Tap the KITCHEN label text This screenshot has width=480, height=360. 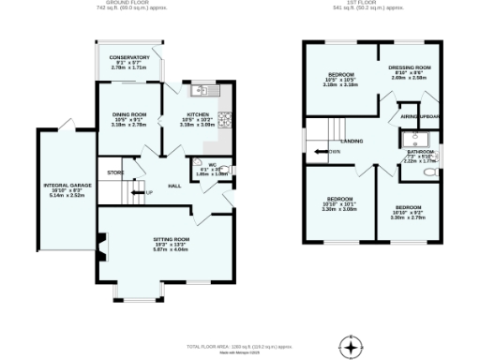197,118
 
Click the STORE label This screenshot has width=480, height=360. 114,173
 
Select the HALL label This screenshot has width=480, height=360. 174,186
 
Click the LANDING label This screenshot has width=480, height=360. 352,142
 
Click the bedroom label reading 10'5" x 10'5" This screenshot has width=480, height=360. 341,79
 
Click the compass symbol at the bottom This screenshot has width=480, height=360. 352,347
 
